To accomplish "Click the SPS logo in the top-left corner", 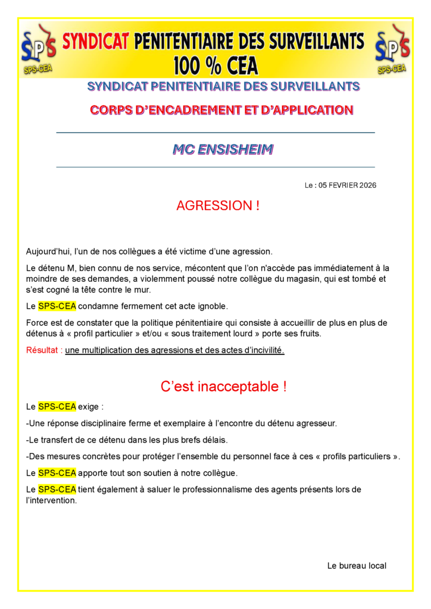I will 38,48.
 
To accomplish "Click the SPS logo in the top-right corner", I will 392,48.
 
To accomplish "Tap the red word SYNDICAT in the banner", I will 95,42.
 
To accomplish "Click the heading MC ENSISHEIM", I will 223,150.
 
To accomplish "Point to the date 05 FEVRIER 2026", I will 347,186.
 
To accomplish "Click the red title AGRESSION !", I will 218,206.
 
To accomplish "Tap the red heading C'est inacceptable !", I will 223,386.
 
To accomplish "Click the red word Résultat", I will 43,350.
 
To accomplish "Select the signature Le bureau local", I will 357,566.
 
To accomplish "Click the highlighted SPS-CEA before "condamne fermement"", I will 57,307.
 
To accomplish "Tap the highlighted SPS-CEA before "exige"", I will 57,407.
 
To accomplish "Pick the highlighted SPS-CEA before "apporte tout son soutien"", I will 57,473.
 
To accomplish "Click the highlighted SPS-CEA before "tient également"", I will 57,489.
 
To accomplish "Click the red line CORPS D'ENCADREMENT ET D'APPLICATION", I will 221,110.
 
